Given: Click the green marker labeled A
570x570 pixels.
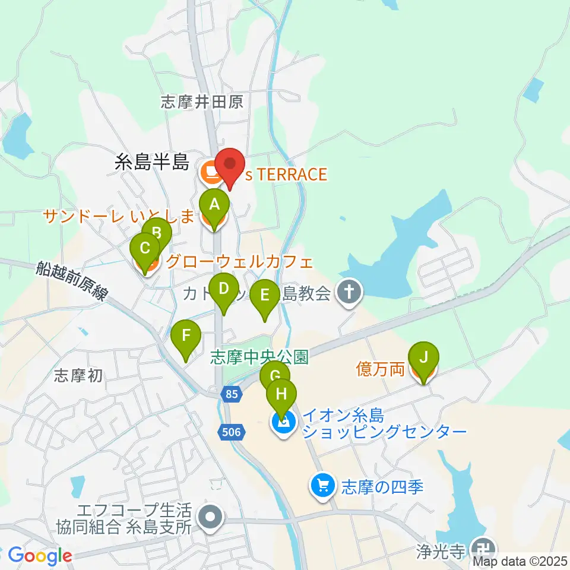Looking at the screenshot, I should pyautogui.click(x=214, y=205).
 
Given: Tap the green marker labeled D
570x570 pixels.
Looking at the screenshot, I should pyautogui.click(x=223, y=289).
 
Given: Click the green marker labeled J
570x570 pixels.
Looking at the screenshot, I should pyautogui.click(x=423, y=358).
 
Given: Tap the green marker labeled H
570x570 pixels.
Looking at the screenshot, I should pyautogui.click(x=281, y=395).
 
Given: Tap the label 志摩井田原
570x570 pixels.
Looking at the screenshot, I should pyautogui.click(x=202, y=102).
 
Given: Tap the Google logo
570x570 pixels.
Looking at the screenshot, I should pyautogui.click(x=40, y=556).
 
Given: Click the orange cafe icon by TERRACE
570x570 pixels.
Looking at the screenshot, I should pyautogui.click(x=209, y=173).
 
